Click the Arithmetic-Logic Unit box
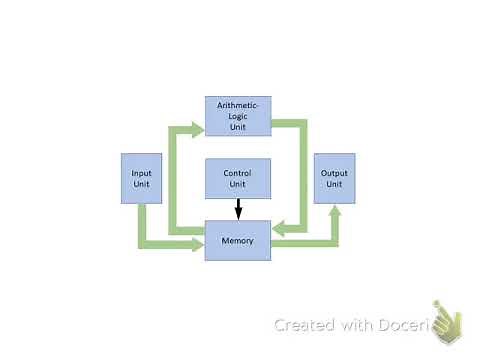pos(238,116)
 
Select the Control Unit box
pos(238,178)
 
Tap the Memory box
pos(238,241)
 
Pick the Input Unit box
pos(142,178)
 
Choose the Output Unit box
pos(334,178)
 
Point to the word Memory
pos(238,241)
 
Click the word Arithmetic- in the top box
pos(238,104)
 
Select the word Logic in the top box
pos(238,115)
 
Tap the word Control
pos(238,173)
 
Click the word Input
pos(142,173)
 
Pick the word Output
pos(334,173)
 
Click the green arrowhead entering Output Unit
pos(334,211)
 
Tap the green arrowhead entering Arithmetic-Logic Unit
pos(198,127)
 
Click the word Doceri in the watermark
pos(405,325)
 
